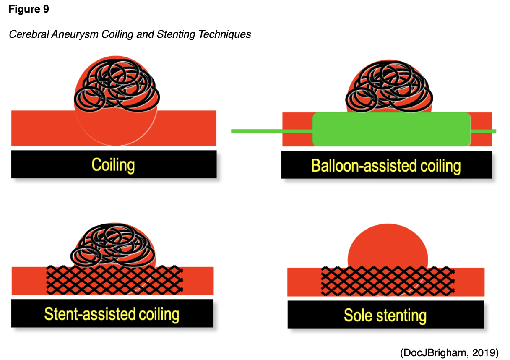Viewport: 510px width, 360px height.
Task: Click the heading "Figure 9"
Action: pos(29,9)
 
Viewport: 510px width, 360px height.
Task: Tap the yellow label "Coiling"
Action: pos(113,165)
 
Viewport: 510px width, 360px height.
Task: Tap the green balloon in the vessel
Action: pos(391,129)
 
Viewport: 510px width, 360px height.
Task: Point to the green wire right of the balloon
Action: pos(484,131)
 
